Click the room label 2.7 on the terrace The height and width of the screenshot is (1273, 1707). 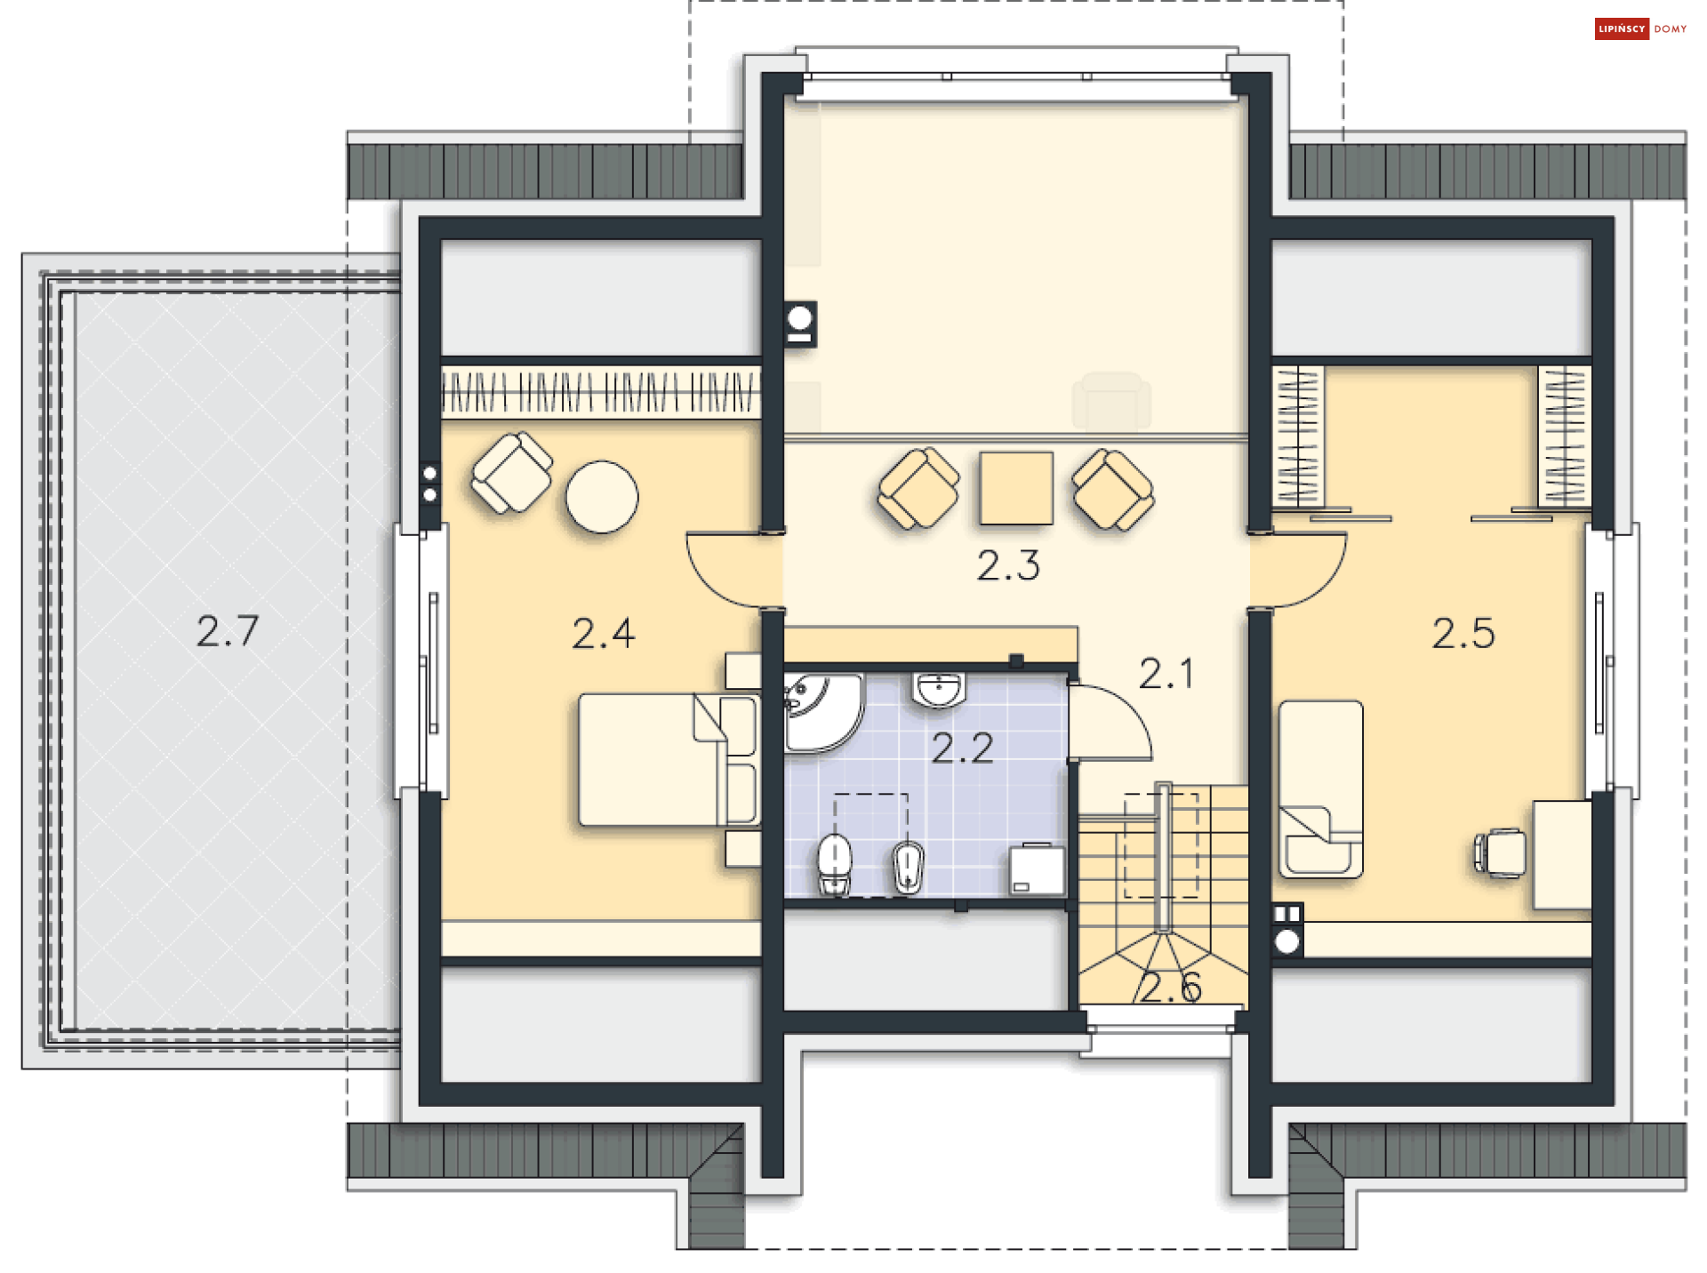(x=228, y=631)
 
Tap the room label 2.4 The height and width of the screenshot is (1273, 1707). (x=604, y=634)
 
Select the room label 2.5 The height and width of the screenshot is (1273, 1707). (x=1463, y=633)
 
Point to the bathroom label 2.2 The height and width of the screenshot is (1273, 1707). (x=962, y=749)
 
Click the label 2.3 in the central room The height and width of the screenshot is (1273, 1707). (x=1008, y=565)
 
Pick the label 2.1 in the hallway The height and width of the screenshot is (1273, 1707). (x=1166, y=674)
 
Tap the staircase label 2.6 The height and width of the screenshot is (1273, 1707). (x=1171, y=988)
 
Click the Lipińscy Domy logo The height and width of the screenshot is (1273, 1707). (x=1641, y=29)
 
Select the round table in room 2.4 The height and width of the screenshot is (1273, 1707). (x=602, y=497)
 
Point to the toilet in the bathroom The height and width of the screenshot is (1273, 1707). (x=834, y=864)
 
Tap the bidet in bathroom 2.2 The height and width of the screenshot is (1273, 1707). (x=909, y=867)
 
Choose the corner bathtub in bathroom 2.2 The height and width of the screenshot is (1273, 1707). (x=822, y=711)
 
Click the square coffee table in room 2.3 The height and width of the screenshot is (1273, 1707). (x=1016, y=488)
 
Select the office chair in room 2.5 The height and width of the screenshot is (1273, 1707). (x=1500, y=853)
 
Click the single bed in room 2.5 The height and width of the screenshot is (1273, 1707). (x=1320, y=789)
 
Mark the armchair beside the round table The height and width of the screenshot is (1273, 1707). (x=512, y=472)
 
